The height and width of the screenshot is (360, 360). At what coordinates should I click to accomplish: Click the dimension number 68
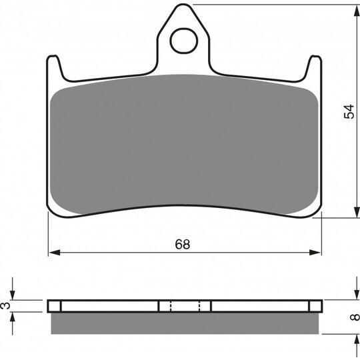click(x=183, y=244)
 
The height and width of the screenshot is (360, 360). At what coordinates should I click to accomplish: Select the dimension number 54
click(x=349, y=111)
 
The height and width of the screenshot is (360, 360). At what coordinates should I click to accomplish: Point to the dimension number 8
click(x=355, y=317)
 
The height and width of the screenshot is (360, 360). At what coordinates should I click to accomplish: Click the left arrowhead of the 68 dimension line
click(x=55, y=252)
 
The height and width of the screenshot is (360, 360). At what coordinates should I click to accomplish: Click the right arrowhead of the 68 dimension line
click(x=315, y=252)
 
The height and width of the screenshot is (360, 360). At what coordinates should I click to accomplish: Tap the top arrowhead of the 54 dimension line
click(x=357, y=10)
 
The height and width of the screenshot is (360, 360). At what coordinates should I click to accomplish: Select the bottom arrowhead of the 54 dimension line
click(x=357, y=212)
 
